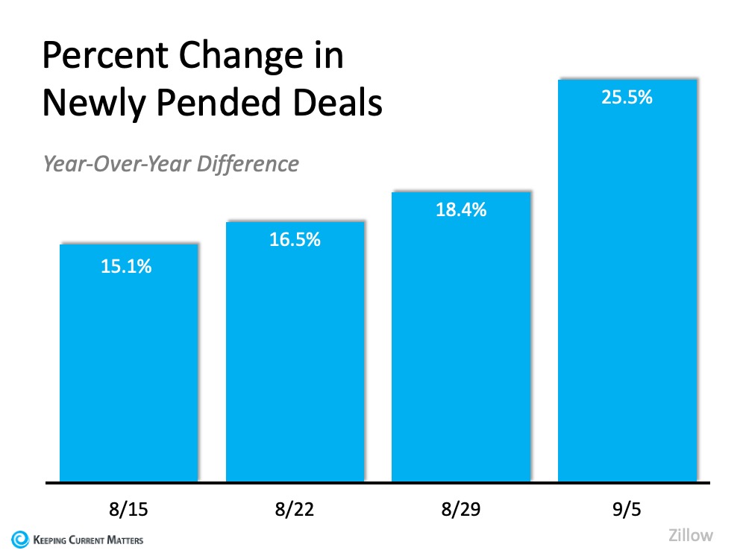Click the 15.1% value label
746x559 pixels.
click(x=126, y=266)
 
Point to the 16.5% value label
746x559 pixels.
click(x=295, y=240)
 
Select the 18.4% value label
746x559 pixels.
click(x=461, y=210)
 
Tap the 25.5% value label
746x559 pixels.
click(x=627, y=97)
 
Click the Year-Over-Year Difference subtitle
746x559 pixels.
click(x=171, y=163)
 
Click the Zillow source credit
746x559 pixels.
click(x=690, y=534)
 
